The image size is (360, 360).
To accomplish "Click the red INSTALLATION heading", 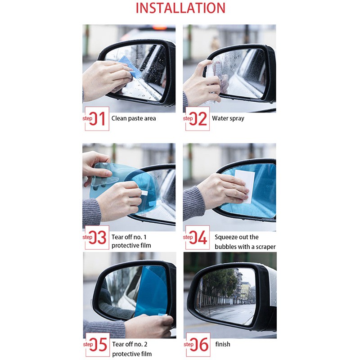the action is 180,8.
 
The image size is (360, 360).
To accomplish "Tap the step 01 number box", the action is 97,119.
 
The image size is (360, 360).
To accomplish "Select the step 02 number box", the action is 198,119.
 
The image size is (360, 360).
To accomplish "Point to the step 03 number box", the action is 97,238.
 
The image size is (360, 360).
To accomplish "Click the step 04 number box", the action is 198,238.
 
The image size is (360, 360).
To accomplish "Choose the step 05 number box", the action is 98,345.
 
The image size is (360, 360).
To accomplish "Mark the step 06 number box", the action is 198,345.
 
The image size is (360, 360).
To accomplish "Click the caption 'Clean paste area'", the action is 134,118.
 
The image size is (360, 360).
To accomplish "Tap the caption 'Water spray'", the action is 228,119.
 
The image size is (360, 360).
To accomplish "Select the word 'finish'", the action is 223,344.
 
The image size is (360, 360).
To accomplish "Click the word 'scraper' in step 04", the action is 265,247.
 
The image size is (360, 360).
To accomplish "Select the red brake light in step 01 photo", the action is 160,27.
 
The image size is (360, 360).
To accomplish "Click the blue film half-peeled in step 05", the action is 152,290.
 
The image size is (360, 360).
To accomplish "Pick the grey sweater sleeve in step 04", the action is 194,203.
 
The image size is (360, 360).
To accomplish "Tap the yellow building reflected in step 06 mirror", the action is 245,291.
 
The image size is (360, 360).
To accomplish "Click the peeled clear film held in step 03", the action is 108,175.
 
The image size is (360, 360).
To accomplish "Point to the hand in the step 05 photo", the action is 149,326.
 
